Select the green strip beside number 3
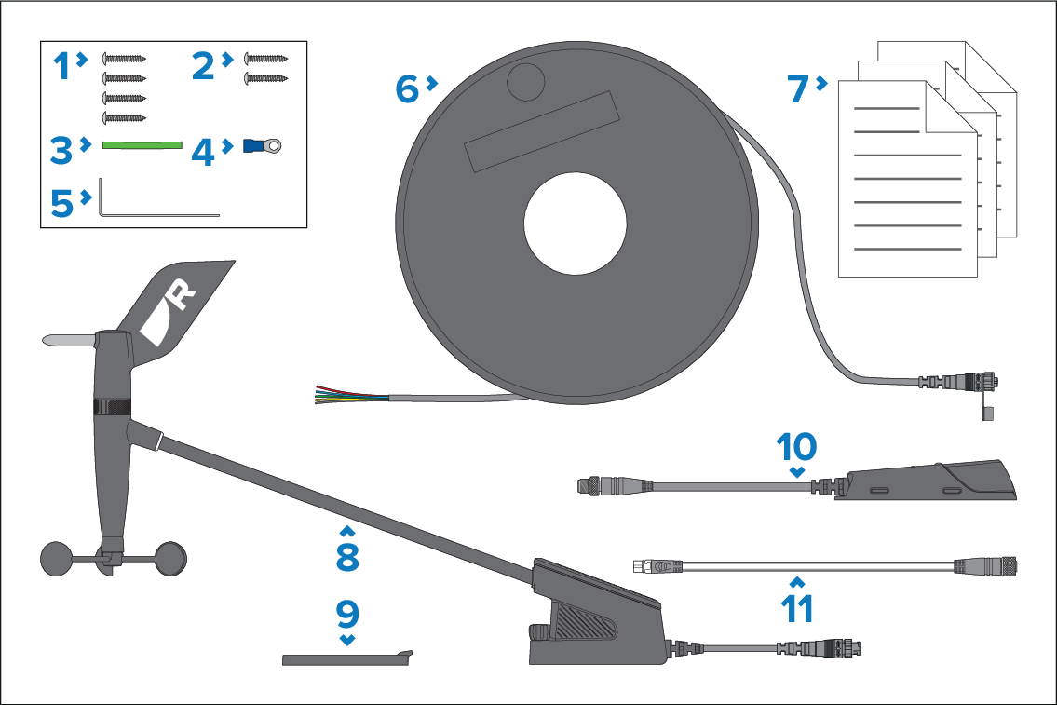[142, 145]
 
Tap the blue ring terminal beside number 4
[262, 145]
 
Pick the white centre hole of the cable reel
[575, 224]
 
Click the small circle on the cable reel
[525, 82]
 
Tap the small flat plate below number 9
[346, 658]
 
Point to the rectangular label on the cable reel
[541, 132]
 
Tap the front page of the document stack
[907, 180]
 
